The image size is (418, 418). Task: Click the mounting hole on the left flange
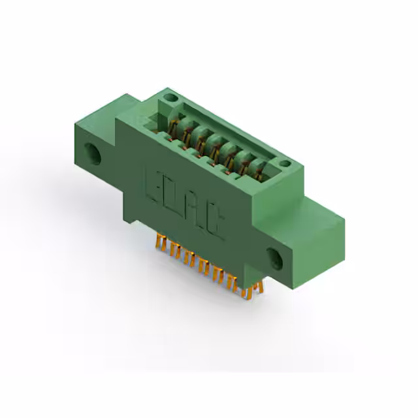point(96,155)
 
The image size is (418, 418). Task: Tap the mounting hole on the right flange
point(274,259)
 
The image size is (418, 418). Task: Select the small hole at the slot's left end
point(170,98)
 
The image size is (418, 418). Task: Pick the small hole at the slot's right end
point(284,163)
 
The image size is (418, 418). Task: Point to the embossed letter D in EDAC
point(174,195)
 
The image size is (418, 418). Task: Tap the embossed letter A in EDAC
point(195,209)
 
